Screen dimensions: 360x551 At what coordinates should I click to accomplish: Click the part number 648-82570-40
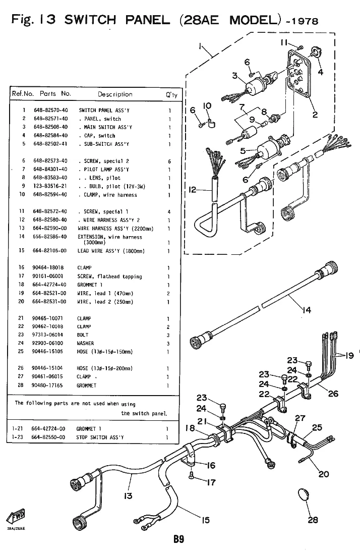(50, 110)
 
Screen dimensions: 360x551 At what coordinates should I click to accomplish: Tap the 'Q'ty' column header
(172, 95)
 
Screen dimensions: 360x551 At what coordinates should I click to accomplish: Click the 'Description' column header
(115, 94)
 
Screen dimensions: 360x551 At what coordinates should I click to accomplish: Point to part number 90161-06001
(47, 276)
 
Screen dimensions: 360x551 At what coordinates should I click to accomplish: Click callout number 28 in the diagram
(313, 520)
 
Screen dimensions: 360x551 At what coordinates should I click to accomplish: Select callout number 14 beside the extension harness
(307, 310)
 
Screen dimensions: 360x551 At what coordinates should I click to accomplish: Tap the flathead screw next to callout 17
(192, 475)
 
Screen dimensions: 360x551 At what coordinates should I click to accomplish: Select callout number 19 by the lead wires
(349, 356)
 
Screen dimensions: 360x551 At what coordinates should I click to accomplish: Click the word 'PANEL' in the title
(148, 20)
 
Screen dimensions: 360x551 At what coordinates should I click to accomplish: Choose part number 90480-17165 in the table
(47, 385)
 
